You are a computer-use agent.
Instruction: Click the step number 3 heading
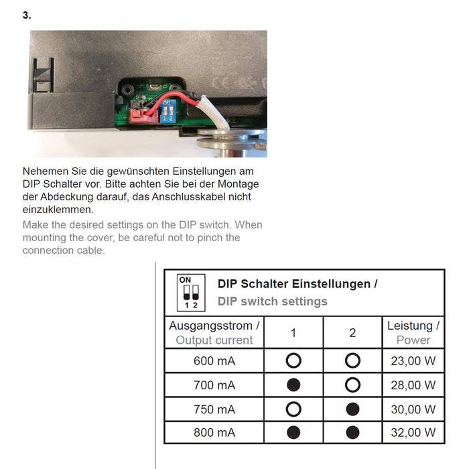[x=26, y=15]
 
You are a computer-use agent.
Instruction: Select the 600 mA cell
[x=214, y=361]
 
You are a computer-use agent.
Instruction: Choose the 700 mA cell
[x=214, y=385]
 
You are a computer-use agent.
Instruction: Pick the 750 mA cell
[x=214, y=409]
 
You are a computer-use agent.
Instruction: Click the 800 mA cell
[x=214, y=433]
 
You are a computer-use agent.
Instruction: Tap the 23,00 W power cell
[x=413, y=361]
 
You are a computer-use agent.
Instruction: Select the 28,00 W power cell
[x=413, y=385]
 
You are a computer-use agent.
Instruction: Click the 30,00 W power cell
[x=413, y=409]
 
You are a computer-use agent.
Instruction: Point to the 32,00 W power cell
[x=413, y=433]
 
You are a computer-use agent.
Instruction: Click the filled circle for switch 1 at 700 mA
[x=293, y=385]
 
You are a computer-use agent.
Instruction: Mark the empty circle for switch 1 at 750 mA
[x=293, y=409]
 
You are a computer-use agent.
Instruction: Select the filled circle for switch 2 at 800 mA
[x=352, y=433]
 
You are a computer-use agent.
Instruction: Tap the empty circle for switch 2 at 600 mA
[x=352, y=361]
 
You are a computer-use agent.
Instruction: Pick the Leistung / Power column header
[x=413, y=332]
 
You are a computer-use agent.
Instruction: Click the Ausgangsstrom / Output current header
[x=214, y=332]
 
